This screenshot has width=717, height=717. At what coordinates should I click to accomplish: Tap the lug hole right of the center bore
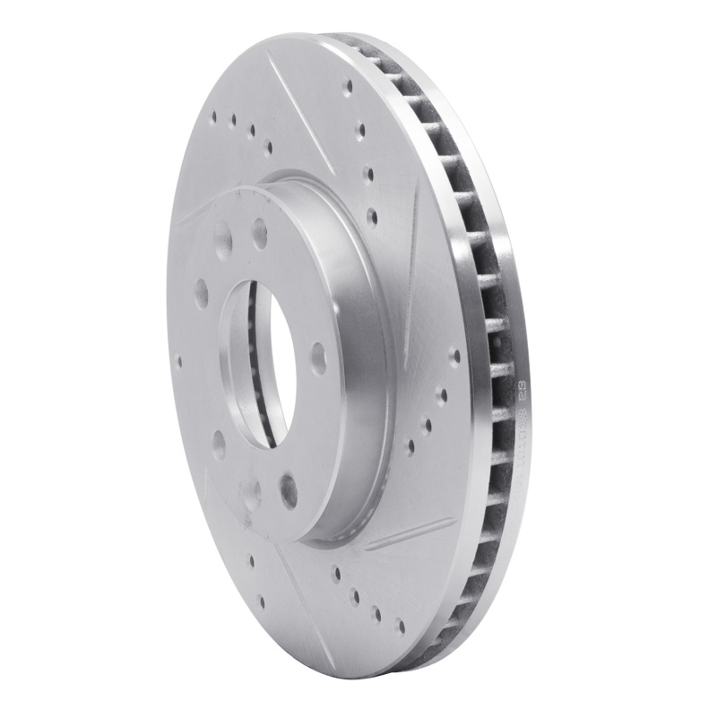click(317, 358)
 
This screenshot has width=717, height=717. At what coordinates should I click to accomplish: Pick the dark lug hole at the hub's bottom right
click(288, 488)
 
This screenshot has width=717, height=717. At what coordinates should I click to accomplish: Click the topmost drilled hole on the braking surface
click(348, 87)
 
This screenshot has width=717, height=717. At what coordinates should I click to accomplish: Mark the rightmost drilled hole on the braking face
click(455, 356)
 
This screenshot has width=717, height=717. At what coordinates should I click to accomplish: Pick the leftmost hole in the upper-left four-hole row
click(216, 114)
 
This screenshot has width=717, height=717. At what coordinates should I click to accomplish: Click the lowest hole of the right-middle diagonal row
click(410, 445)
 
